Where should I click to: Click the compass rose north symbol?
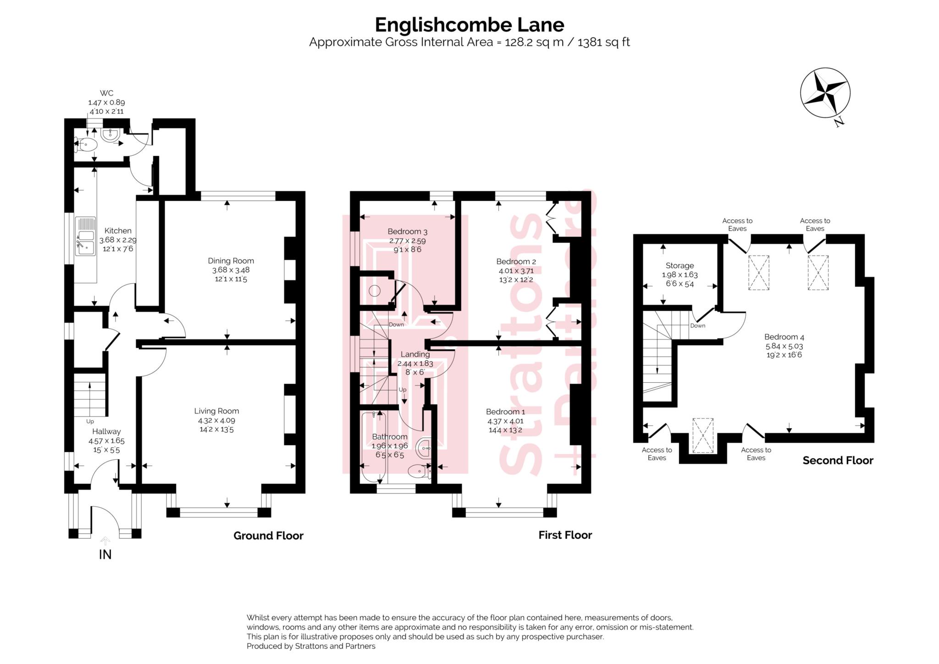point(825,93)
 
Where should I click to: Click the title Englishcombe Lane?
point(469,24)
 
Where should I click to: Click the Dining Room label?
point(231,261)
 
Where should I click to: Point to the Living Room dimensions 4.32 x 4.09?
point(216,420)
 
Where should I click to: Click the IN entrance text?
point(105,555)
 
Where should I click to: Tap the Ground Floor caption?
point(268,536)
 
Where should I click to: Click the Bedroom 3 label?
point(407,232)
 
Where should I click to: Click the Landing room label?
point(415,354)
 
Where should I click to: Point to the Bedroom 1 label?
point(505,412)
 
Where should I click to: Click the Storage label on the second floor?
point(679,266)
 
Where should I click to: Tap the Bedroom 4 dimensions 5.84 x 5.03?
point(784,346)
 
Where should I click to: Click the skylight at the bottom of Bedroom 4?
point(703,435)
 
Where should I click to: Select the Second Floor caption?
point(838,461)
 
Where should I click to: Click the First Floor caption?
point(565,535)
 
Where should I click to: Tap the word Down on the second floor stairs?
point(697,326)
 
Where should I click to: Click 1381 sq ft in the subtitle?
point(603,43)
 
